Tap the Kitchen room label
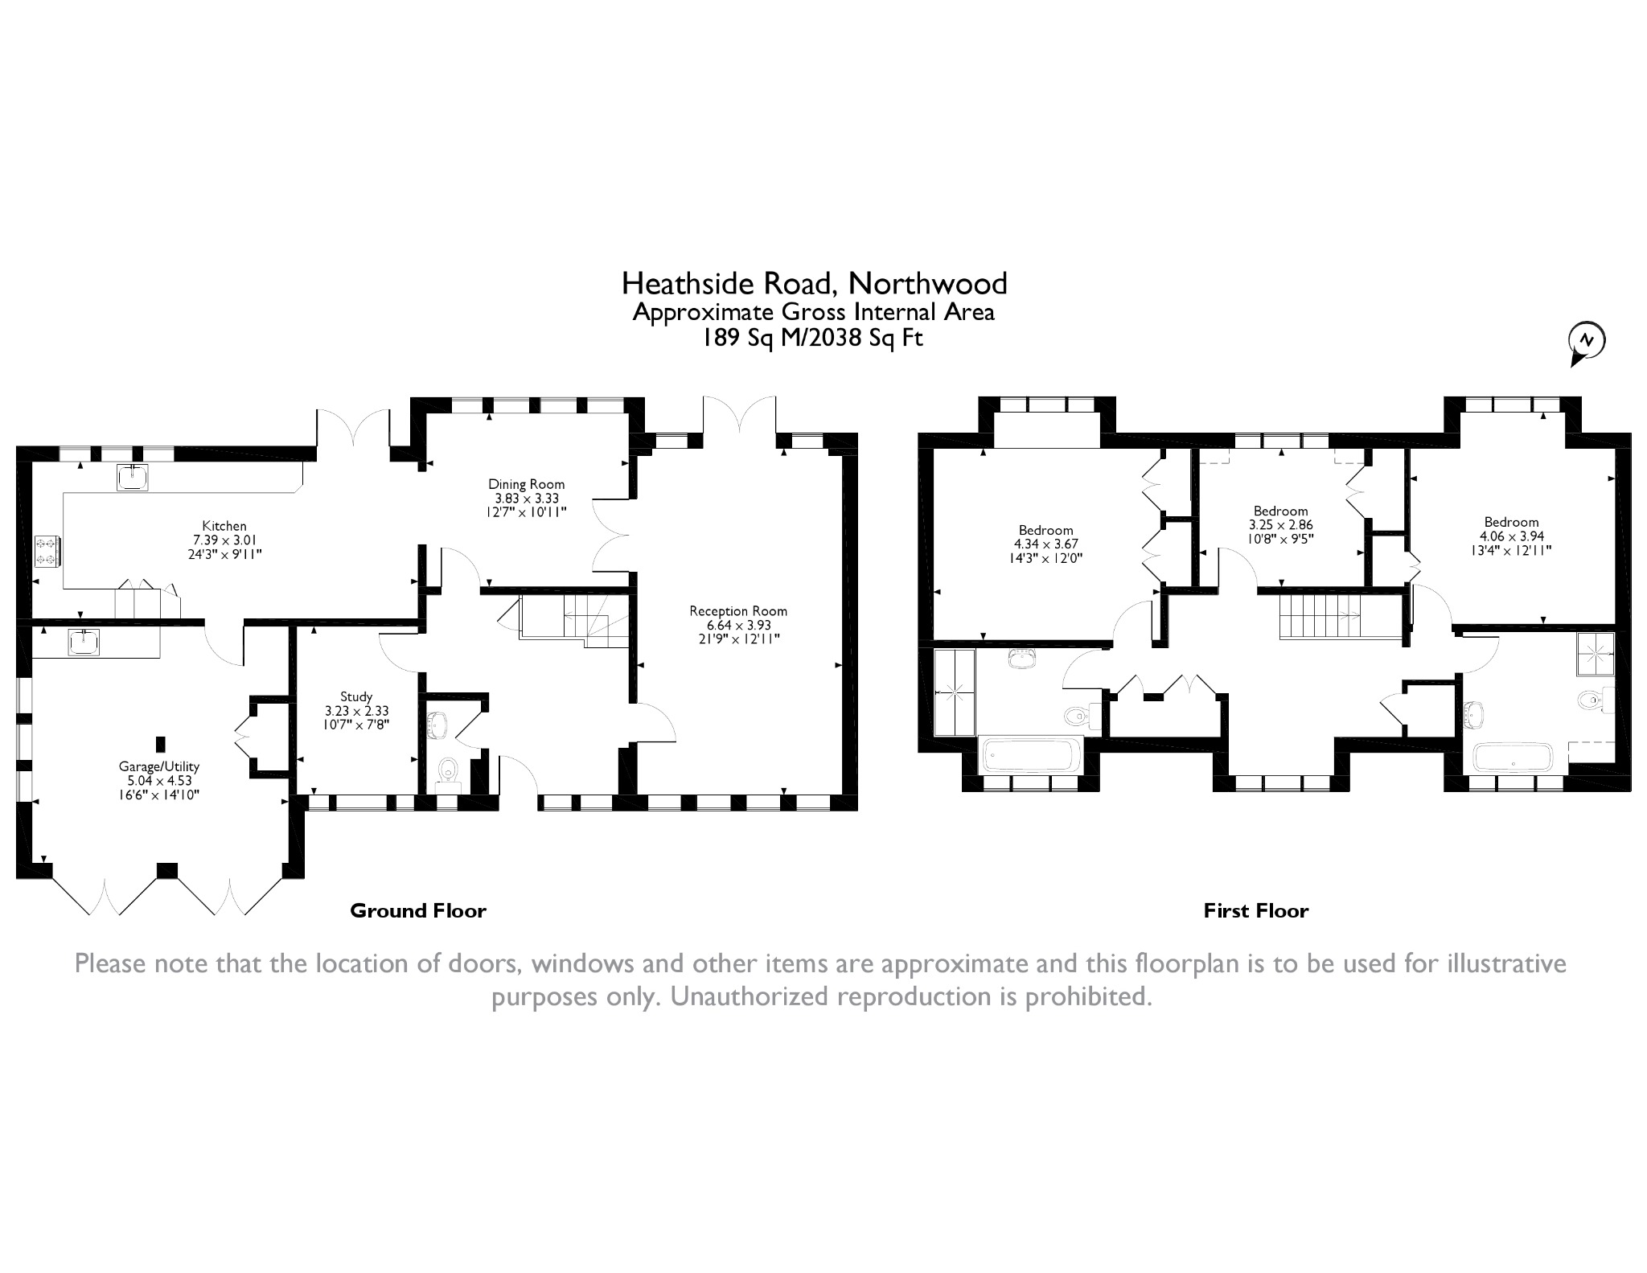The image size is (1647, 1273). click(x=224, y=527)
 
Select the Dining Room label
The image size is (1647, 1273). click(x=526, y=484)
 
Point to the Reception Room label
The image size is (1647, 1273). click(x=737, y=611)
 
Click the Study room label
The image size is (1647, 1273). click(x=355, y=696)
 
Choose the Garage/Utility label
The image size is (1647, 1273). click(x=158, y=766)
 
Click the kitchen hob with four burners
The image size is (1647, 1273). click(x=45, y=551)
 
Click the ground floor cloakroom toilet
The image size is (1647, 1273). click(x=447, y=772)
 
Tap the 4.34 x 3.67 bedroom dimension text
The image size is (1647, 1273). click(x=1045, y=544)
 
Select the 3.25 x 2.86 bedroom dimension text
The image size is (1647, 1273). click(x=1280, y=524)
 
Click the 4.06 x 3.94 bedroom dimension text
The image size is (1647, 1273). click(x=1511, y=536)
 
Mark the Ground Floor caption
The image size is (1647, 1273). click(x=418, y=910)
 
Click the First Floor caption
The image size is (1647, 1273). click(x=1255, y=910)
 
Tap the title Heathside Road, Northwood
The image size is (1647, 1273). click(x=814, y=283)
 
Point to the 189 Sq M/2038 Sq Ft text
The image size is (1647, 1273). click(x=813, y=338)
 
